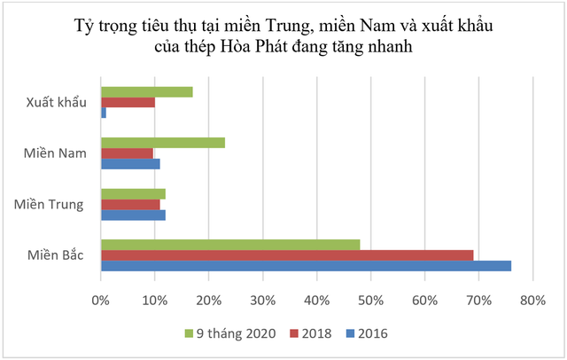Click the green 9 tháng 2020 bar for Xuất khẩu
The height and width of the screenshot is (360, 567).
[x=146, y=92]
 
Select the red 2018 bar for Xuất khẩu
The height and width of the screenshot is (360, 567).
[x=128, y=103]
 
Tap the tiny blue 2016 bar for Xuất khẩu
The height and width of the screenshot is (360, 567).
[x=104, y=113]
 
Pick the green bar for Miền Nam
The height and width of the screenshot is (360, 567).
[x=162, y=143]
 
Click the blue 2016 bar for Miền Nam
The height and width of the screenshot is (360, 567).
[x=130, y=164]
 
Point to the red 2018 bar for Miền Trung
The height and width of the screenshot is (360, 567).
[x=130, y=204]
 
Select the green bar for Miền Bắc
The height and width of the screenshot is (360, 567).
[x=230, y=245]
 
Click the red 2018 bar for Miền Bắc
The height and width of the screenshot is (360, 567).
[x=287, y=255]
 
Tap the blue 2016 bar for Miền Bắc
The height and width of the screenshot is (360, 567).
[x=306, y=265]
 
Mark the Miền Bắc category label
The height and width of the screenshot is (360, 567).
[x=56, y=255]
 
